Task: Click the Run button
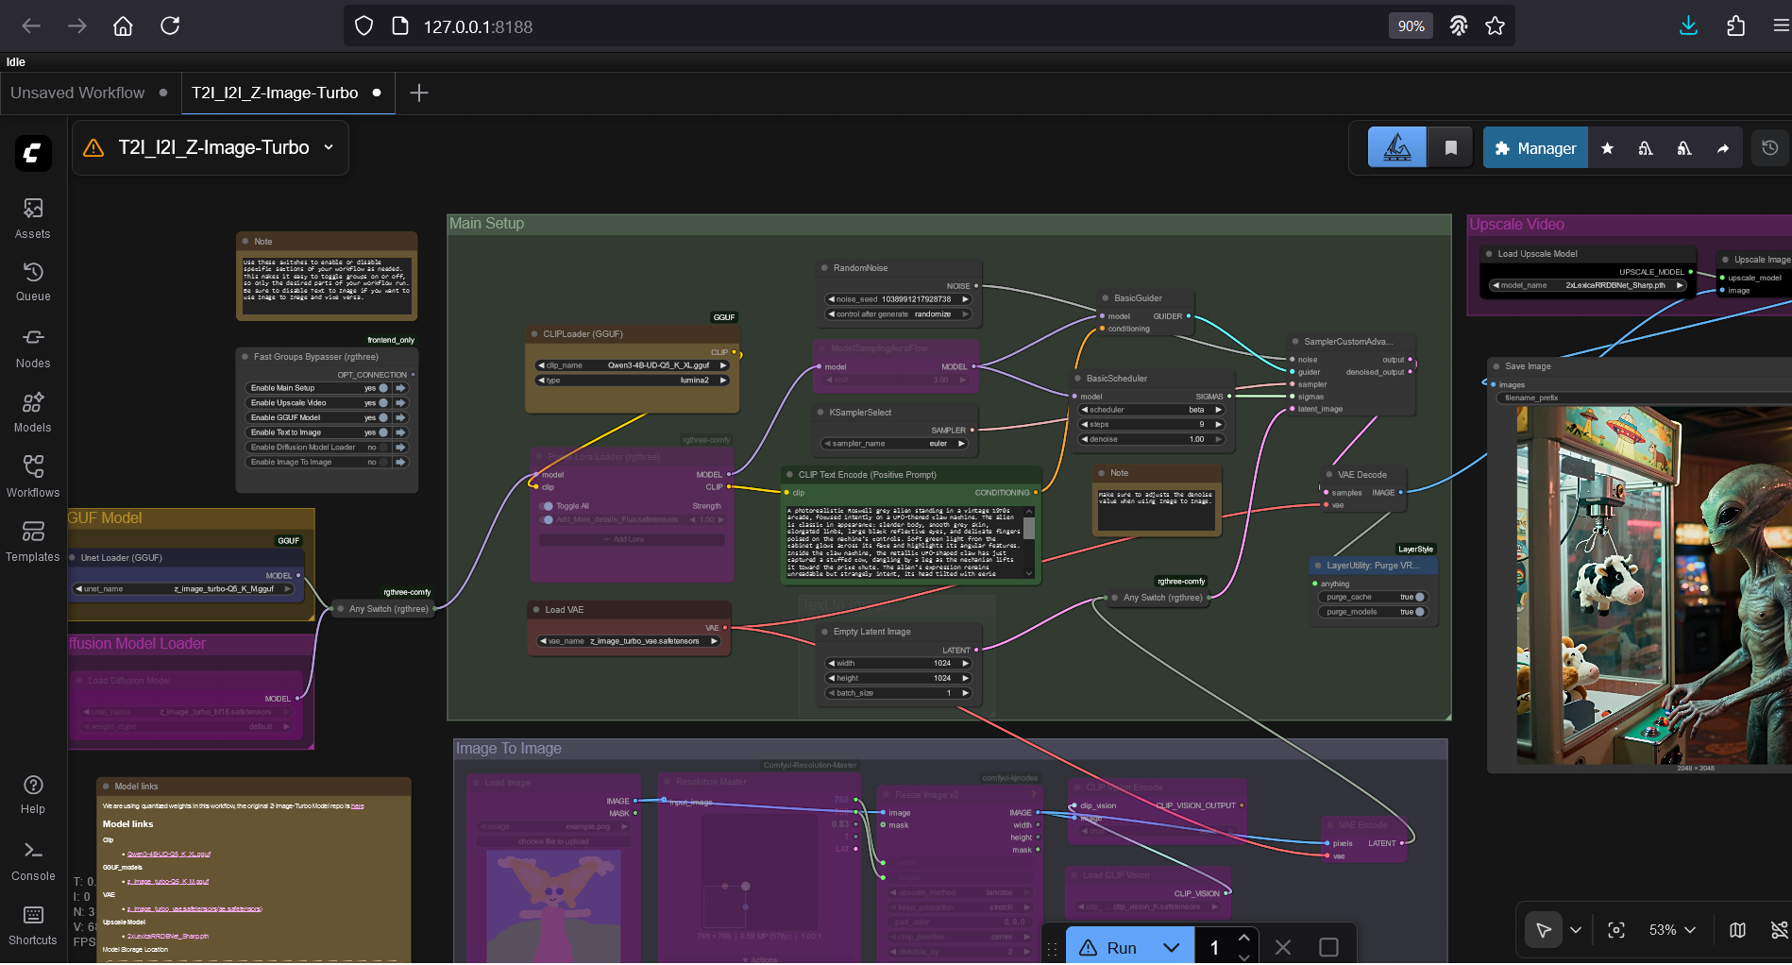[x=1110, y=947]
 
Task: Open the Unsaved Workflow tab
[x=77, y=93]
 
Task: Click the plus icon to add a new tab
[x=419, y=93]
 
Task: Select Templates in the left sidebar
[x=33, y=541]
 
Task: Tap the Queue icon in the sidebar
[x=33, y=281]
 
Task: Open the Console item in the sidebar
[x=33, y=861]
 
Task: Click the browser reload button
[x=170, y=26]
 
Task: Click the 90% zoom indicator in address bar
[x=1411, y=26]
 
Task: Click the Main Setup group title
[x=486, y=224]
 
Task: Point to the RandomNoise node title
[x=860, y=268]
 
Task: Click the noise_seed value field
[x=899, y=299]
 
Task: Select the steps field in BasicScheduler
[x=1152, y=425]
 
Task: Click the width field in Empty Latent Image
[x=899, y=664]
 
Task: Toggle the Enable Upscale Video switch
[x=382, y=403]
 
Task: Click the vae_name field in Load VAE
[x=629, y=641]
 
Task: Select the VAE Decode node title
[x=1361, y=475]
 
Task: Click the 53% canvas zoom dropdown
[x=1672, y=930]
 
